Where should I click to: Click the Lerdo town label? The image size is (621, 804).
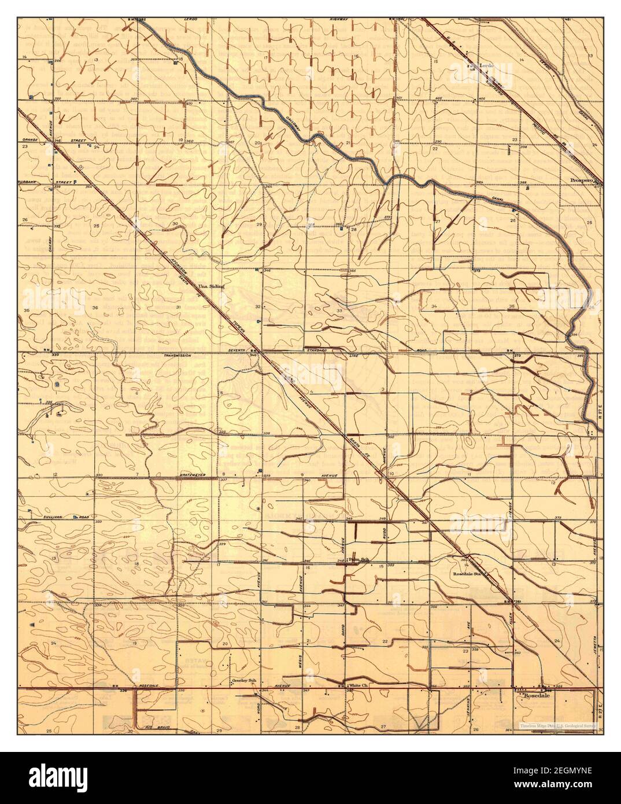click(x=486, y=66)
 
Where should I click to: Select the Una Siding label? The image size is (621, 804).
click(x=210, y=286)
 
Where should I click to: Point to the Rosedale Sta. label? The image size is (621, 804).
click(x=468, y=574)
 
